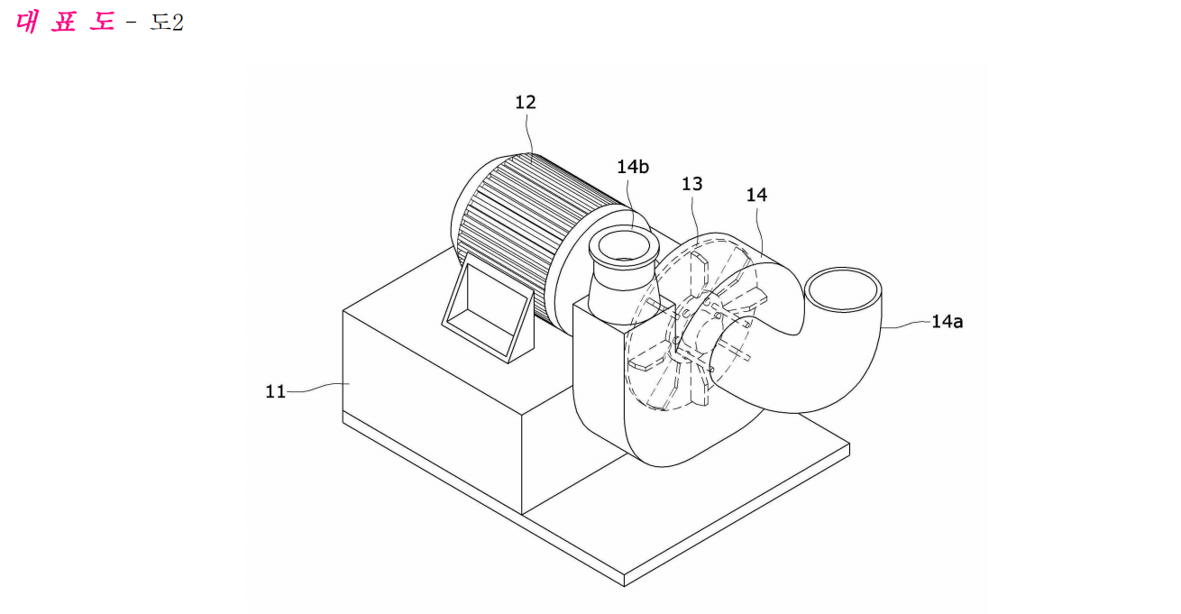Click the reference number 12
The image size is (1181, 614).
525,102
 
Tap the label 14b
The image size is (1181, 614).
633,167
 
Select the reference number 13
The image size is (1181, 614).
691,184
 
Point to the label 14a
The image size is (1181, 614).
947,321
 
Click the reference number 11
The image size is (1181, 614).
275,391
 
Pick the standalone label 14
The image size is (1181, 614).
756,195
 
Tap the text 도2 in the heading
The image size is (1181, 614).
167,23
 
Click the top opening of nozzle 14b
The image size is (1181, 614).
624,245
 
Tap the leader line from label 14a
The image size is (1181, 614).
906,324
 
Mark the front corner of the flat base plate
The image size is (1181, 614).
624,585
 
